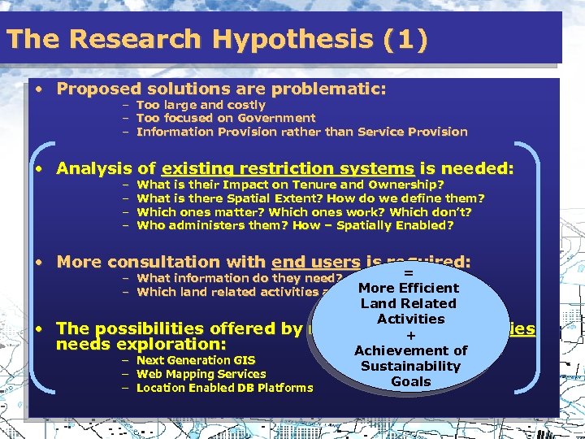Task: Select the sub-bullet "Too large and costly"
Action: [201, 105]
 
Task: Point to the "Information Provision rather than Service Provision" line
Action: [301, 132]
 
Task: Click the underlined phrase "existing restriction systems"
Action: [288, 169]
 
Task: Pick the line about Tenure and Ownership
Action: [290, 185]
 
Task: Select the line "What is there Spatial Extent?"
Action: [310, 198]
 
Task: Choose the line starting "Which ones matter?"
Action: [304, 212]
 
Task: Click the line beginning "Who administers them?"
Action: [295, 226]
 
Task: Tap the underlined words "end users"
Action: [315, 263]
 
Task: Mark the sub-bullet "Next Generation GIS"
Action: [195, 360]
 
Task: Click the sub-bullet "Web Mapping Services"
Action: [201, 374]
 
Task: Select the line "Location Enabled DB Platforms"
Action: [224, 388]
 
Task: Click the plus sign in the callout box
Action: [410, 335]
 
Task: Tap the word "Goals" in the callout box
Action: [410, 382]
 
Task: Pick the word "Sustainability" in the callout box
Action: [410, 367]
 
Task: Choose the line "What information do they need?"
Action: [240, 278]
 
